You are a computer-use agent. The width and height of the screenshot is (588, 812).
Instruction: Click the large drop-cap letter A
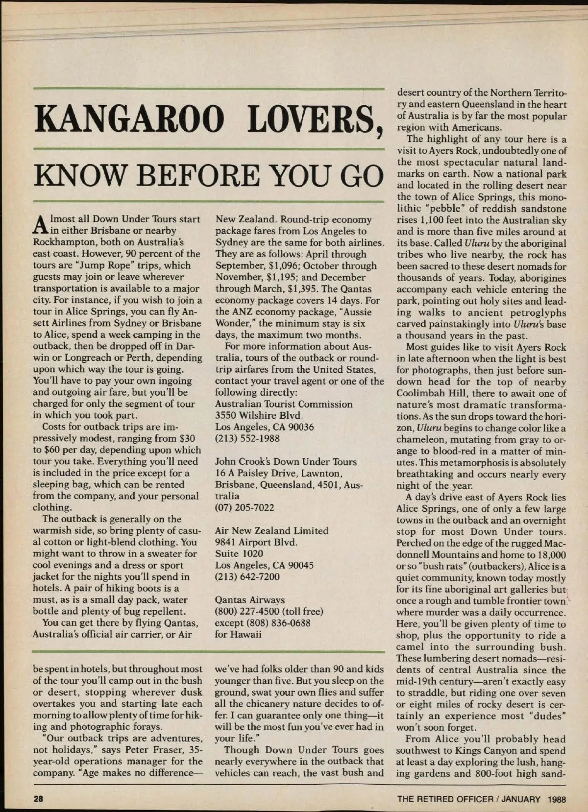tap(41, 225)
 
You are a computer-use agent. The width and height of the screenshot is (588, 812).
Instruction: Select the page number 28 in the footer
tap(39, 799)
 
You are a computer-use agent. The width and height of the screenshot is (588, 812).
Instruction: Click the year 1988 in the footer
tap(556, 799)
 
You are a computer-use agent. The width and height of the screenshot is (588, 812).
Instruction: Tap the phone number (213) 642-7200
tap(247, 576)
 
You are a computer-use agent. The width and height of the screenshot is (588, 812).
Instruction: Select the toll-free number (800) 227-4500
tap(247, 611)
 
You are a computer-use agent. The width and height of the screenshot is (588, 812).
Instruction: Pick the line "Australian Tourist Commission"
tap(284, 404)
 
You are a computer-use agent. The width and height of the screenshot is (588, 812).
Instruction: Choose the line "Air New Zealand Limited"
tap(271, 530)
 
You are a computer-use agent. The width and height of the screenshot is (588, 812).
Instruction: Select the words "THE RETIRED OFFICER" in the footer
tap(445, 799)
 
